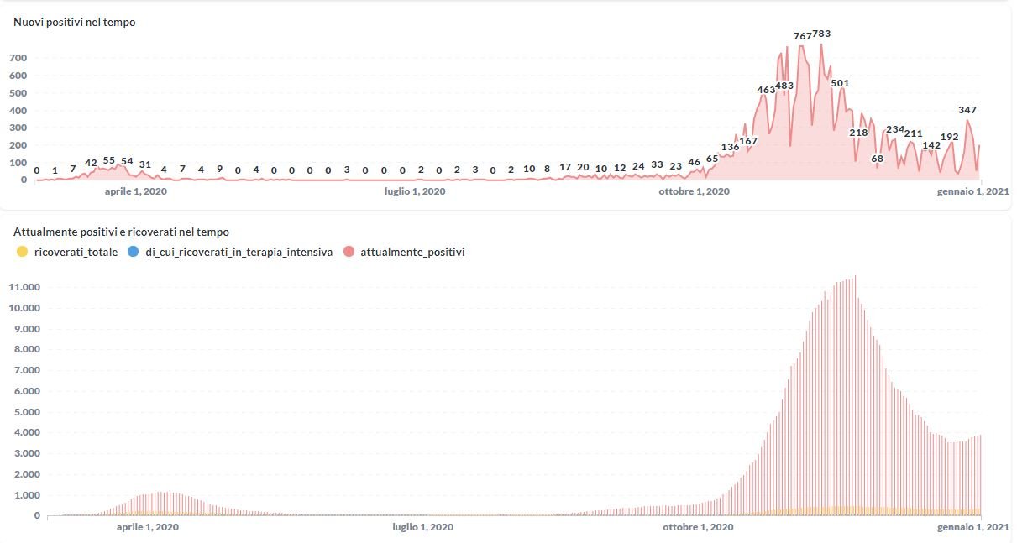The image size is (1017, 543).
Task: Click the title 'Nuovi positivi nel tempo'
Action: (75, 23)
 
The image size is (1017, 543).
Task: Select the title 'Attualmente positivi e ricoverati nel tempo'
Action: (121, 232)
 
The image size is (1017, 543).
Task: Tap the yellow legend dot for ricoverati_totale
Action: (23, 252)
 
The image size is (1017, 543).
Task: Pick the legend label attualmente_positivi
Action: (412, 252)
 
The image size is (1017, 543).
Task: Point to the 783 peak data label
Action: (821, 34)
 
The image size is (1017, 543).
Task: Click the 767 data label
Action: (803, 36)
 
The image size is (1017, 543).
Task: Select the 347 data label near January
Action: (967, 110)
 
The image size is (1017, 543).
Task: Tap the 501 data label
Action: (840, 83)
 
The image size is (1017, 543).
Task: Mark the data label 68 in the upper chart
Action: (878, 159)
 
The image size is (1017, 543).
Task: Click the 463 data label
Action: (766, 90)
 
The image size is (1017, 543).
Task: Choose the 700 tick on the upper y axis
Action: (18, 58)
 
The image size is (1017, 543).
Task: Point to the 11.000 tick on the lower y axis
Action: (24, 287)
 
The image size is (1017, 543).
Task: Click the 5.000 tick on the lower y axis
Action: (25, 412)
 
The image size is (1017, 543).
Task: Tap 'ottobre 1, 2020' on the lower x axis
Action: (698, 528)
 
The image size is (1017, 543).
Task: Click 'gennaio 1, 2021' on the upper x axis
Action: (973, 192)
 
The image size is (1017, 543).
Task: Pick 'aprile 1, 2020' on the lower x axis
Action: (147, 528)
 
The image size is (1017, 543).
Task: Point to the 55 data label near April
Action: (109, 160)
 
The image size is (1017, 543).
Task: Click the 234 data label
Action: (895, 129)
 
